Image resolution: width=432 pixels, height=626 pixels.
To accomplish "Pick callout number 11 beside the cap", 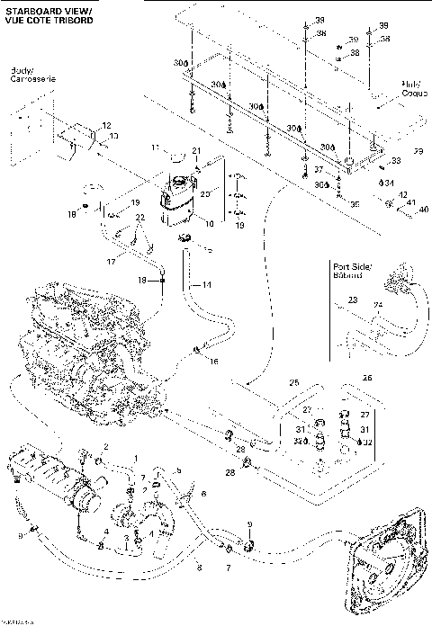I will pos(154,148).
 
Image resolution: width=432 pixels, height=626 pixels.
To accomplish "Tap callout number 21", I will pos(196,149).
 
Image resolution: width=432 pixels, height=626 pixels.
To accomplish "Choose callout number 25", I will pos(292,383).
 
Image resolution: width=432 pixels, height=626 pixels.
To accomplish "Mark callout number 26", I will pos(366,378).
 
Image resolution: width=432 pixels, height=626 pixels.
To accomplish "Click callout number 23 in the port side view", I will pos(353,300).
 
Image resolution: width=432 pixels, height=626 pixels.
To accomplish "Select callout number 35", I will pos(355,204).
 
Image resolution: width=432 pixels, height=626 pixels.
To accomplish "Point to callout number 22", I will pos(139,219).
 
